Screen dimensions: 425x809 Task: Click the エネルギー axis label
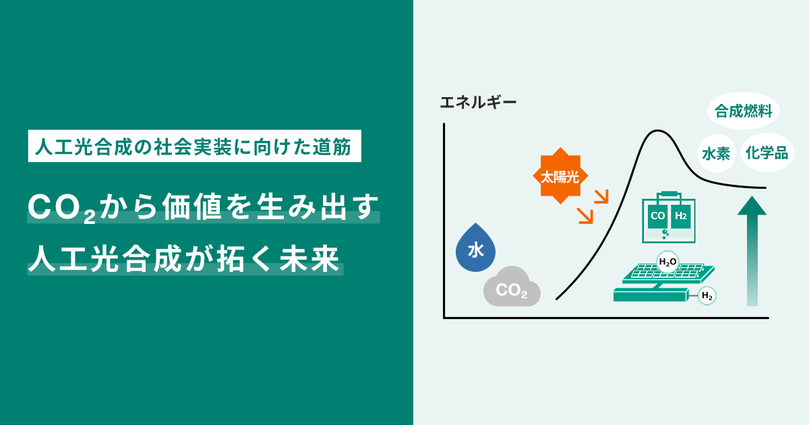[x=478, y=103]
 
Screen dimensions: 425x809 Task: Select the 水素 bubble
[x=716, y=153]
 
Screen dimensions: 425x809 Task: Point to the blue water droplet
[x=475, y=250]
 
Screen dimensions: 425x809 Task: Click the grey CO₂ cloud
[x=512, y=289]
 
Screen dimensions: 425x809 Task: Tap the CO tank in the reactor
[x=657, y=217]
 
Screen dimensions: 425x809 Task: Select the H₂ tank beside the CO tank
[x=680, y=217]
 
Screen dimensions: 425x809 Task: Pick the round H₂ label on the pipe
[x=707, y=295]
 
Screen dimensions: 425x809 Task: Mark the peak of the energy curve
[x=654, y=131]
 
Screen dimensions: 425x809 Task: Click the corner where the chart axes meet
[x=444, y=318]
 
